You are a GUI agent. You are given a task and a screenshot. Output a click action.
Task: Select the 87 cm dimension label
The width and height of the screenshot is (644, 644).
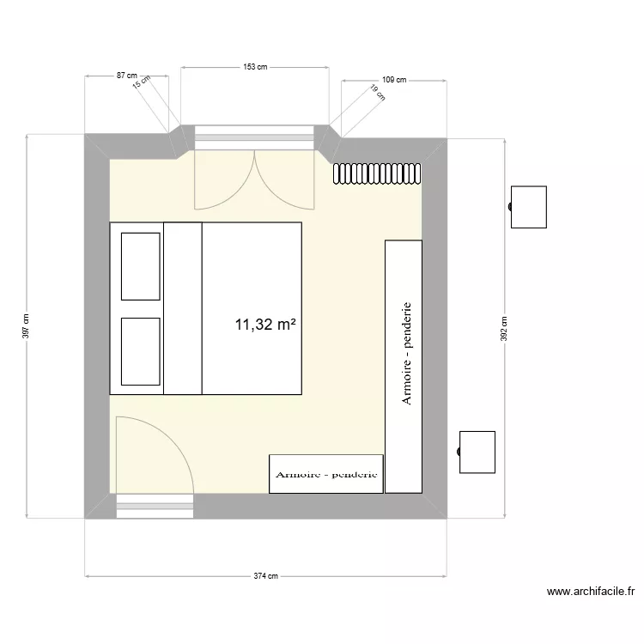click(128, 76)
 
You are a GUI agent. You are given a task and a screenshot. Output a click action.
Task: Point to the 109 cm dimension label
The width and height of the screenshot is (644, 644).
click(393, 80)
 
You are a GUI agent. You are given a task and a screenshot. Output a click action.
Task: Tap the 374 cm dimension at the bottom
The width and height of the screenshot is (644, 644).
click(265, 576)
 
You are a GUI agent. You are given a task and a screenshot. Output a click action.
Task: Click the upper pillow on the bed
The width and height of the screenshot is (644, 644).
click(141, 264)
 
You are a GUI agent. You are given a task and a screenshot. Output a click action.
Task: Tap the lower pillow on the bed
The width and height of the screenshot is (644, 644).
click(141, 351)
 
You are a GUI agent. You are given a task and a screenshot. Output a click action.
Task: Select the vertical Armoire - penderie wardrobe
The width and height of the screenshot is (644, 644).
click(404, 366)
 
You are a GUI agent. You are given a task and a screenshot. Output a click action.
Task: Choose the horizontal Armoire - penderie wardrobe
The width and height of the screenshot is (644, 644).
click(326, 474)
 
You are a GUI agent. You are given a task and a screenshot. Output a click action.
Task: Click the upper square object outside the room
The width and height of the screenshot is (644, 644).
click(529, 207)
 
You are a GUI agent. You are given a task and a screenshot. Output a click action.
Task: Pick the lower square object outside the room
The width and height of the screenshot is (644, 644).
click(477, 453)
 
